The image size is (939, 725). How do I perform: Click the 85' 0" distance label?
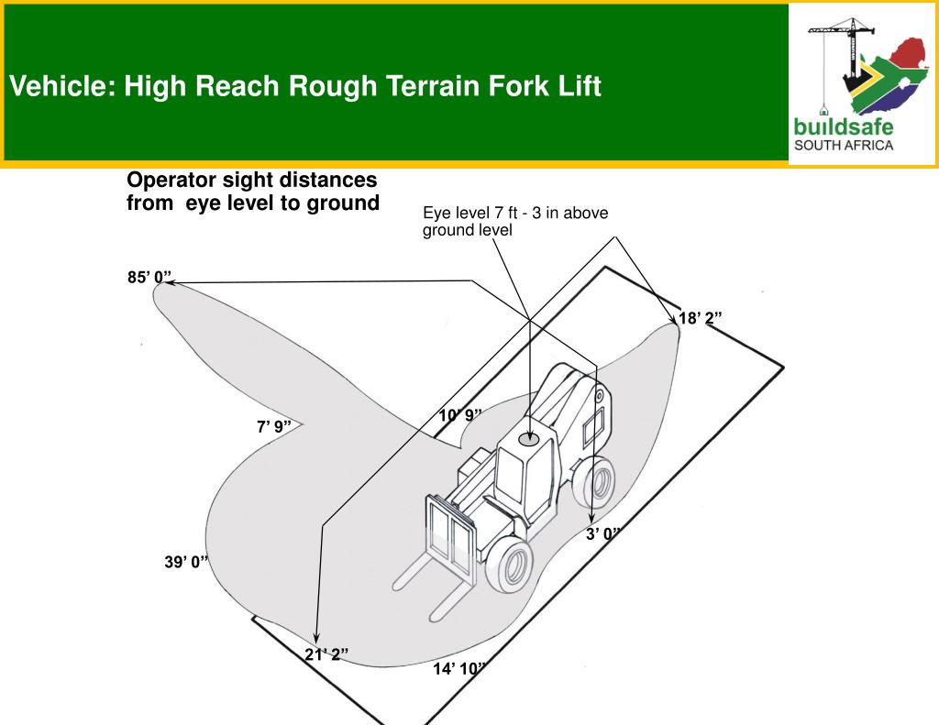149,278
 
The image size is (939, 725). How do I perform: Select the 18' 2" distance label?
700,318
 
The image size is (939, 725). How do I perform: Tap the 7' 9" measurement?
273,426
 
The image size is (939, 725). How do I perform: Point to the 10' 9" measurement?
459,415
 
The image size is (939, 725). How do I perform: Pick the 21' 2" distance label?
326,654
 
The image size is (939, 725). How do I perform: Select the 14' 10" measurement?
458,669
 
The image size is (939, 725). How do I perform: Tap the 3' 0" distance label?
603,533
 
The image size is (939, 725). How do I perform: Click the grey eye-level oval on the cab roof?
529,440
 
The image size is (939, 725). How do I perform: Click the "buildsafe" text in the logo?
843,126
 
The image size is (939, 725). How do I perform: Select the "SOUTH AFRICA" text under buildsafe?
843,145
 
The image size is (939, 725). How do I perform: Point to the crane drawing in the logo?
836,55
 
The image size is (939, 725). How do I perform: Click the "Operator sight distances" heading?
251,180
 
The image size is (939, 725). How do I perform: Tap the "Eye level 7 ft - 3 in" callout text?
514,214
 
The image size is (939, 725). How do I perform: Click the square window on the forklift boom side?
594,426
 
